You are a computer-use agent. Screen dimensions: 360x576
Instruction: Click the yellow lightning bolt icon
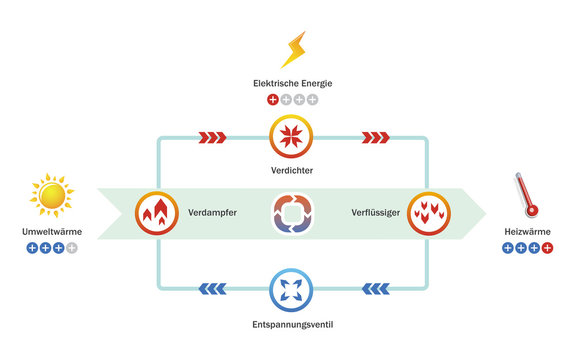coord(294,50)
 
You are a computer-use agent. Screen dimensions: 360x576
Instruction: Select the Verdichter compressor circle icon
coord(293,136)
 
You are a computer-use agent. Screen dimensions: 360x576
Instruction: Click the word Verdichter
coord(293,171)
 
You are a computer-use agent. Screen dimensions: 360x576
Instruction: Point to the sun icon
coord(52,196)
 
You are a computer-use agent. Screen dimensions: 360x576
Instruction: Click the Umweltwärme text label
coord(52,232)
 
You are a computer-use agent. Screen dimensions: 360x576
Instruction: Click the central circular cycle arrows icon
coord(293,214)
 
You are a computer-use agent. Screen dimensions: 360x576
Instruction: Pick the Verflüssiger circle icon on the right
coord(428,213)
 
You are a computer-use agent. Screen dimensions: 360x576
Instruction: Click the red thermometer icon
coord(526,196)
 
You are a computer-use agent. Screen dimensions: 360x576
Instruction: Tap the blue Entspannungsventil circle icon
coord(293,290)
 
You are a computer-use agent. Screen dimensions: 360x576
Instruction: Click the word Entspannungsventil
coord(293,326)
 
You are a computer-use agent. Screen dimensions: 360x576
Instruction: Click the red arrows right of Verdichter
coord(375,137)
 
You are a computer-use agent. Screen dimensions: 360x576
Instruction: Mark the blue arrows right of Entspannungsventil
coord(374,290)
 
